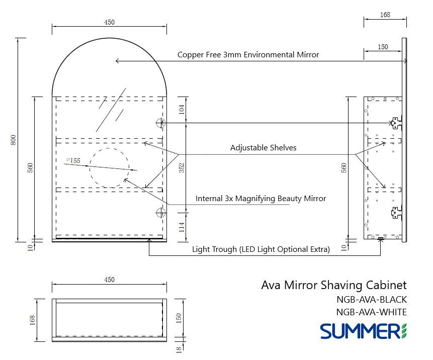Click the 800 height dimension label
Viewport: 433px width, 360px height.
[14, 140]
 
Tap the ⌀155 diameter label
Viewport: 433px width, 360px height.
[73, 161]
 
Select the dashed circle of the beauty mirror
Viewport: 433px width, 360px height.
[109, 168]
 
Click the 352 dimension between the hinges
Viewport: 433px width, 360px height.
[182, 167]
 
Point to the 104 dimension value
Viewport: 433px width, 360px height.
[182, 109]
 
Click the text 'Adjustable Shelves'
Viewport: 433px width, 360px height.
[263, 148]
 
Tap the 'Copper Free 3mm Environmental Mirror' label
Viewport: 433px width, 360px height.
[248, 55]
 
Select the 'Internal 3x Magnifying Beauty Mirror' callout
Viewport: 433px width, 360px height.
[261, 199]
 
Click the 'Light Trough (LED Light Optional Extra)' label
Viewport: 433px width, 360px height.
[261, 249]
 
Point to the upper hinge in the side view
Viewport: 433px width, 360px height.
[396, 122]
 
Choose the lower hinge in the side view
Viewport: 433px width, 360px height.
[396, 213]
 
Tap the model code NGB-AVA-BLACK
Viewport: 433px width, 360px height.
[371, 300]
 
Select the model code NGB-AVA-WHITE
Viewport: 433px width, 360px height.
[371, 312]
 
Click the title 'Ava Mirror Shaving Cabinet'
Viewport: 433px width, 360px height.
[334, 285]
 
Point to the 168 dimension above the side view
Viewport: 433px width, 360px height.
[385, 15]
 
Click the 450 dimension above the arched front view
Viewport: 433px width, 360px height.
[109, 22]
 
